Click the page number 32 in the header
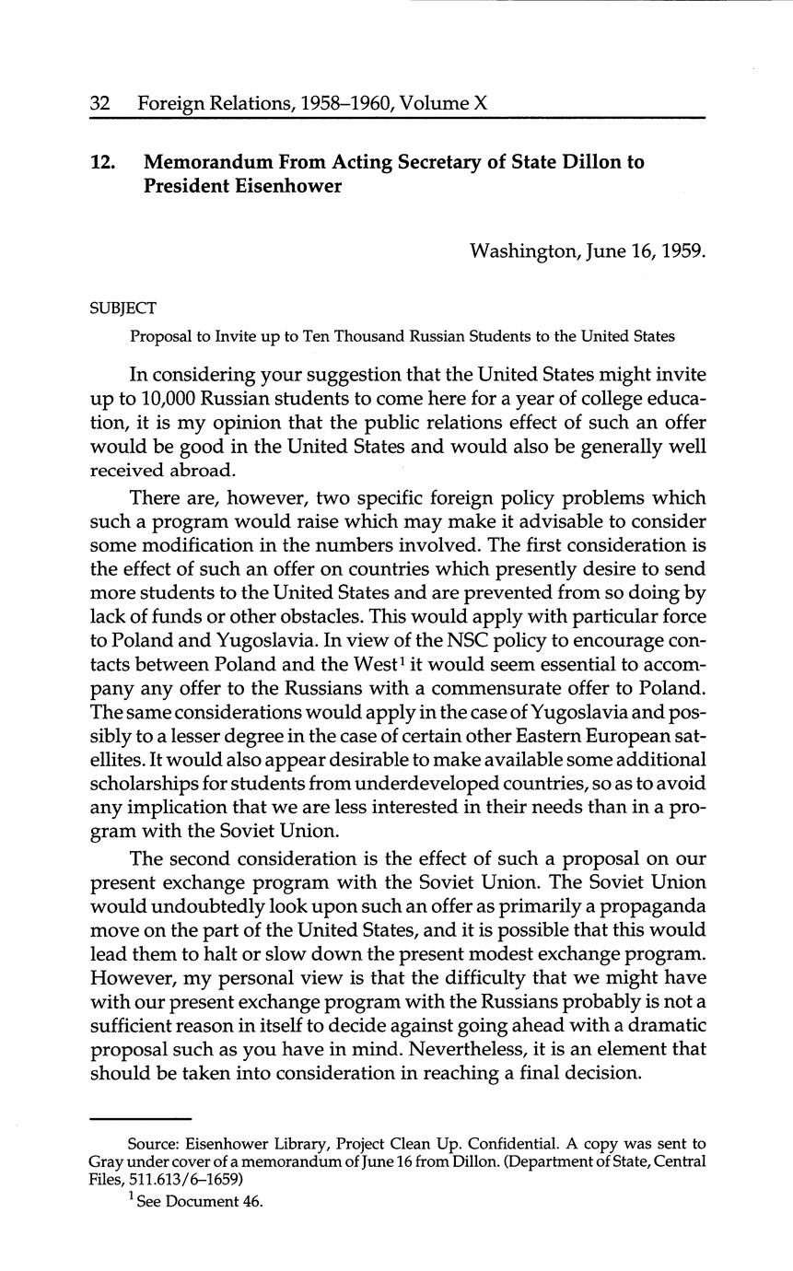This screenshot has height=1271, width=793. pos(100,105)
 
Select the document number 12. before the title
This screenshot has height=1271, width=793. pos(102,162)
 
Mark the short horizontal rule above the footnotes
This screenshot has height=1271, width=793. pos(139,1117)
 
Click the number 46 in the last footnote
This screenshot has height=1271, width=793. pos(253,1201)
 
